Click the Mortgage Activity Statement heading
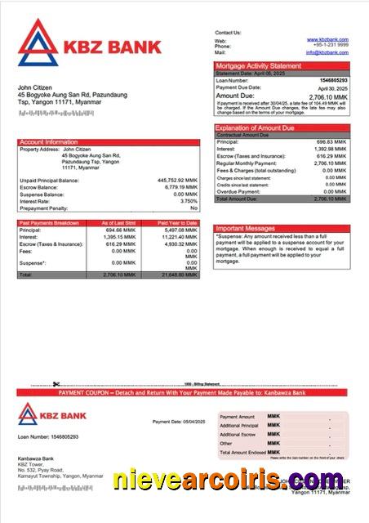pos(258,65)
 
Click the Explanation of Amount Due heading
pos(260,127)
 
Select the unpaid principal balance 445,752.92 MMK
pos(177,180)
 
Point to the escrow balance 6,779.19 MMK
pos(180,187)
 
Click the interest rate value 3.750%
pos(189,201)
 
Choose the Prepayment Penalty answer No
pos(193,208)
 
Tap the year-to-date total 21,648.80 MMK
pos(178,275)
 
